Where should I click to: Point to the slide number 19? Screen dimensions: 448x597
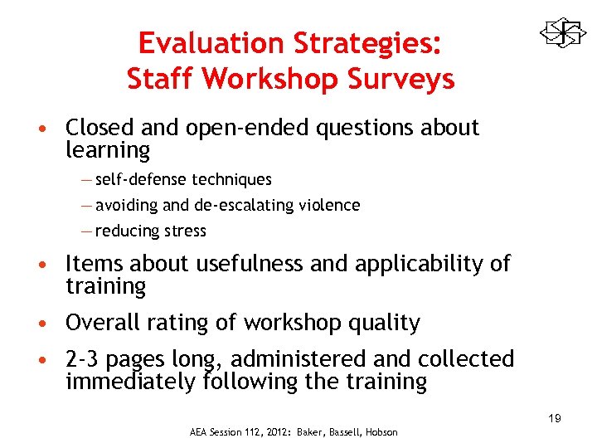[554, 418]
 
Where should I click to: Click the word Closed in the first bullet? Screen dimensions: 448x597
[100, 128]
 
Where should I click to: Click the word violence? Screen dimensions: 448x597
[330, 205]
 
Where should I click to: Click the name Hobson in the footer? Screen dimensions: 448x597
[381, 432]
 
